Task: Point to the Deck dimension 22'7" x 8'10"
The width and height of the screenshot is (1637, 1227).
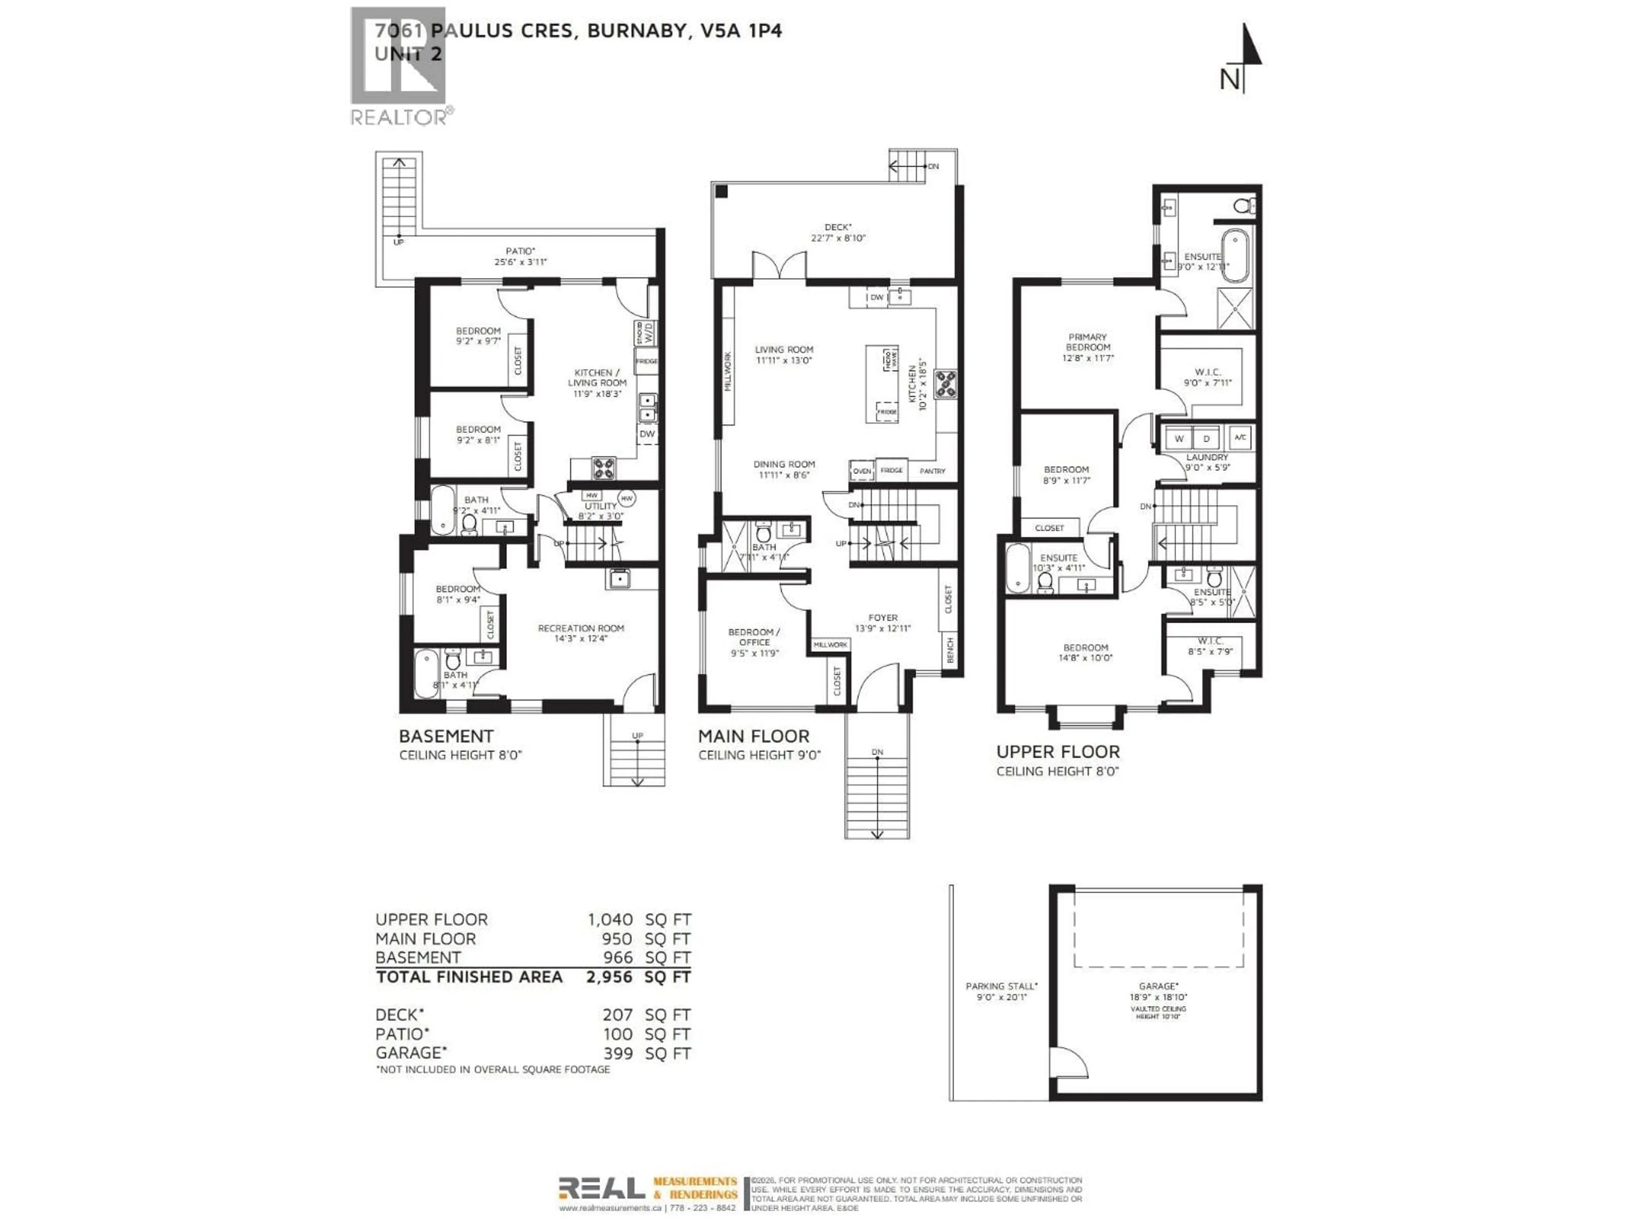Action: tap(838, 238)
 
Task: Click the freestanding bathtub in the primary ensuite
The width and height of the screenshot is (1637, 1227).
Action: tap(1234, 255)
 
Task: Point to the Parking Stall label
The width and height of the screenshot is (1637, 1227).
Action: tap(1001, 986)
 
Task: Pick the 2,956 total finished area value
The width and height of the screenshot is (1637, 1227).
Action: tap(609, 977)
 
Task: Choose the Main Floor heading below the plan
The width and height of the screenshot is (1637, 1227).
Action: tap(753, 737)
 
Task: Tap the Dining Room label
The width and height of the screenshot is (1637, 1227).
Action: tap(784, 464)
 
